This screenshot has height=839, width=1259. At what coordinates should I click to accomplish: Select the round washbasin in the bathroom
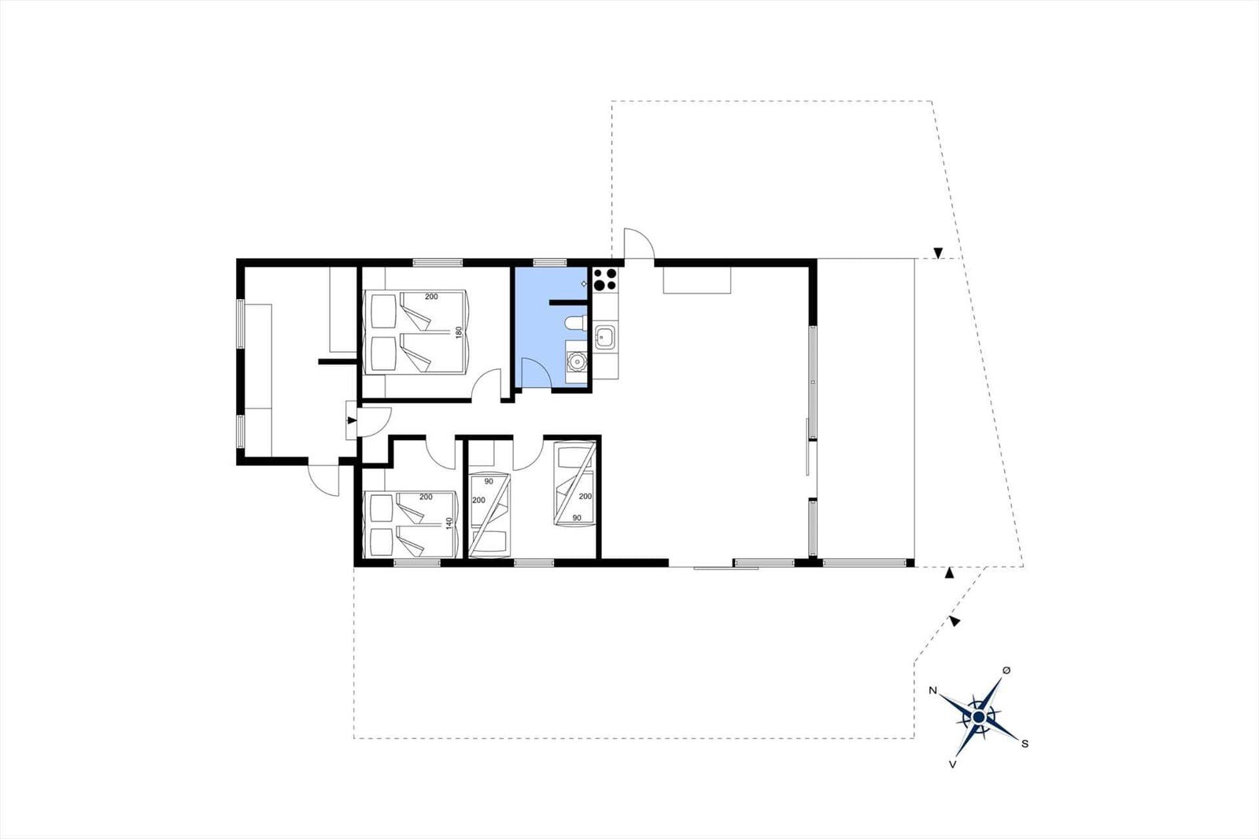576,361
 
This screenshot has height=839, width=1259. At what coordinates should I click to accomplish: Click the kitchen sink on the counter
605,338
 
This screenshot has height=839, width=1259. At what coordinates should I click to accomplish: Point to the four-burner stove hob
605,279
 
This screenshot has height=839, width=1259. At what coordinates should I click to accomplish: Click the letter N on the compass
932,690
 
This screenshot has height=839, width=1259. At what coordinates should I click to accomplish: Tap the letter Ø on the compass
1006,671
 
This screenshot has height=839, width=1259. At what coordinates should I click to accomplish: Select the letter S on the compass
1025,744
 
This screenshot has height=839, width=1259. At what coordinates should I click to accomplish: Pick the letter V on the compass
953,764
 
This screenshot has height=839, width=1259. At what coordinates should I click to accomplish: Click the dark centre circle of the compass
979,717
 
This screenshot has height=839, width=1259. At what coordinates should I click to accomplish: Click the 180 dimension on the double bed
459,332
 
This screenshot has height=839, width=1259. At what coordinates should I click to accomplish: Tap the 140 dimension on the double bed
449,523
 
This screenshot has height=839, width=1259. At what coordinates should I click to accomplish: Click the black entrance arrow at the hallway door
352,420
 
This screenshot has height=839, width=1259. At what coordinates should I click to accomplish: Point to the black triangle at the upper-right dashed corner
937,253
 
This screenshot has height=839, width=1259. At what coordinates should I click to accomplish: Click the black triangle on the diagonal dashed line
954,621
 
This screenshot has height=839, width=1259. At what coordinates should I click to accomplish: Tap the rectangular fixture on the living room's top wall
697,280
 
